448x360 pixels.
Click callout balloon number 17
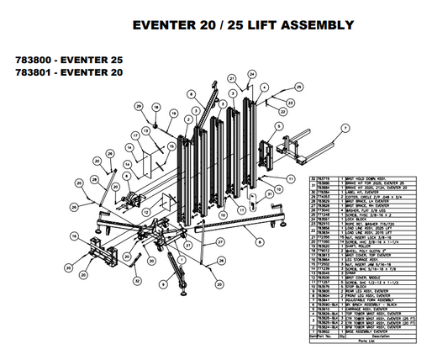point(135,135)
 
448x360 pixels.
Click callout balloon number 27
point(219,242)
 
